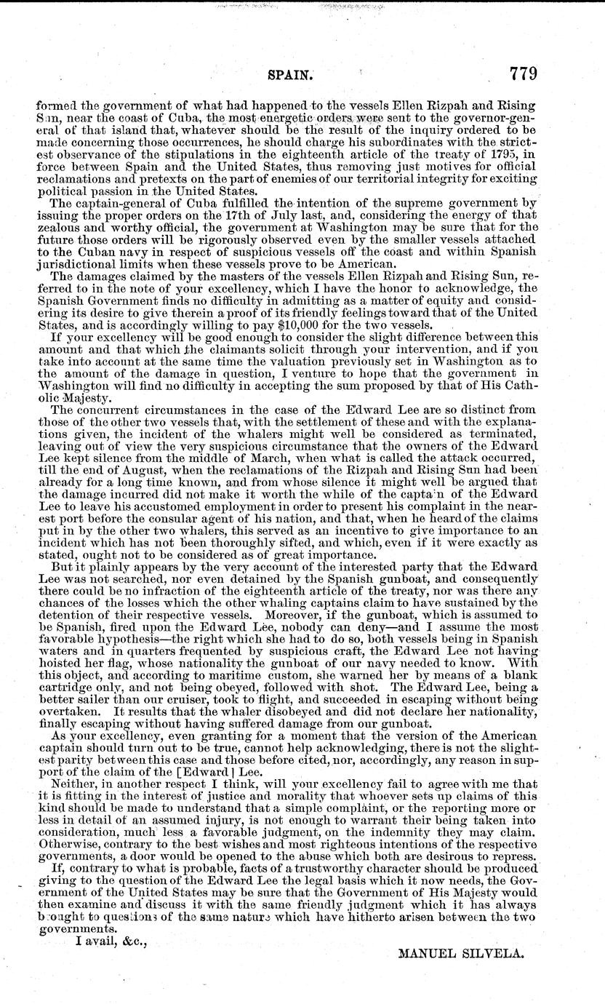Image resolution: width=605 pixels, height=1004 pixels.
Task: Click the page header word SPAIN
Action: pyautogui.click(x=291, y=75)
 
